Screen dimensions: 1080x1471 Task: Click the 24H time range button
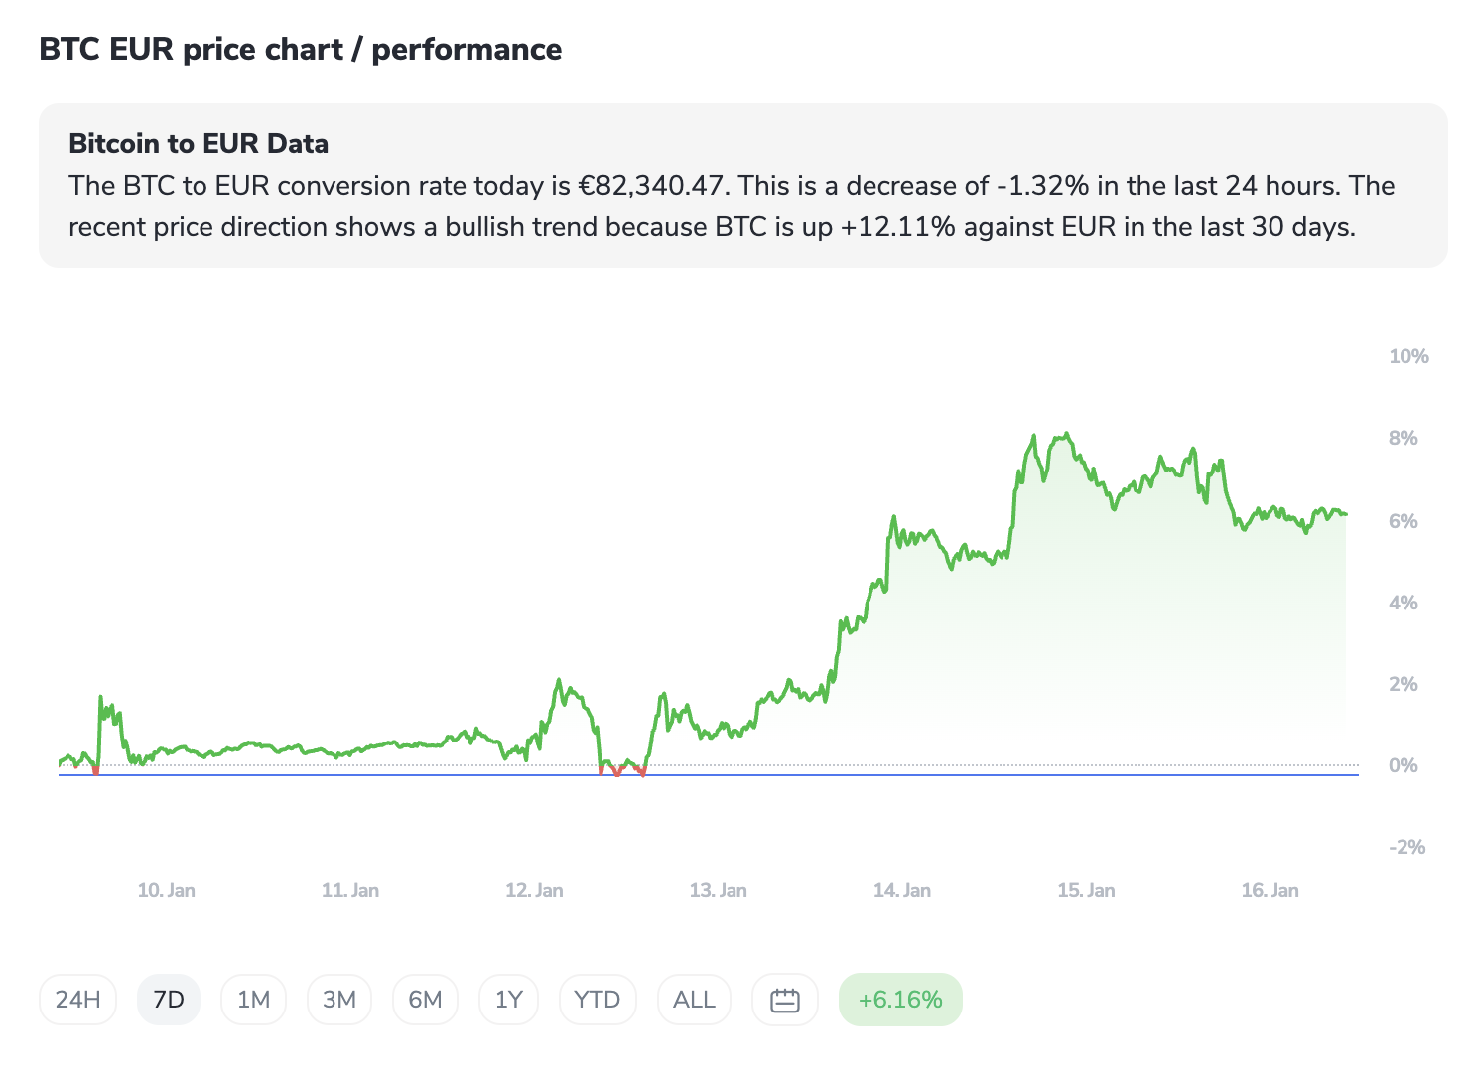coord(77,1000)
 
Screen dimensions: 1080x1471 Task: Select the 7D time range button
coord(169,1000)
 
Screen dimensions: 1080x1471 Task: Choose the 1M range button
coord(253,1000)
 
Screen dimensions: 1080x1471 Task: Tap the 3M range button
coord(339,1000)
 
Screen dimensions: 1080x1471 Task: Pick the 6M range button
coord(425,1000)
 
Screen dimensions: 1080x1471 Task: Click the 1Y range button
coord(508,1000)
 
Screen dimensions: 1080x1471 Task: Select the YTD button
coord(597,1000)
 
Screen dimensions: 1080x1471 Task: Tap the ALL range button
coord(694,1000)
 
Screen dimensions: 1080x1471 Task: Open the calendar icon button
coord(785,1000)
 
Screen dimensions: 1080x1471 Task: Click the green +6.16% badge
coord(900,1000)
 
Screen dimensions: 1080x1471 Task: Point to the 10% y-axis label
coord(1408,357)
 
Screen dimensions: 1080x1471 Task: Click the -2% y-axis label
coord(1406,847)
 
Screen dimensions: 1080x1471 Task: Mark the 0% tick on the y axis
coord(1403,765)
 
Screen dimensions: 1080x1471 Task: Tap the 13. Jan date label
coord(718,890)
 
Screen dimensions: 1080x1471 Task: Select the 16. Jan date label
coord(1270,890)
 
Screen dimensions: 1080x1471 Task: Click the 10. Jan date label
coord(166,890)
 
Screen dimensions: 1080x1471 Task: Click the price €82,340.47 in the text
coord(650,186)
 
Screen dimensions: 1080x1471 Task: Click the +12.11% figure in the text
coord(897,227)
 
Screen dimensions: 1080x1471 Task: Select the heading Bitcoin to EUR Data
coord(199,144)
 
